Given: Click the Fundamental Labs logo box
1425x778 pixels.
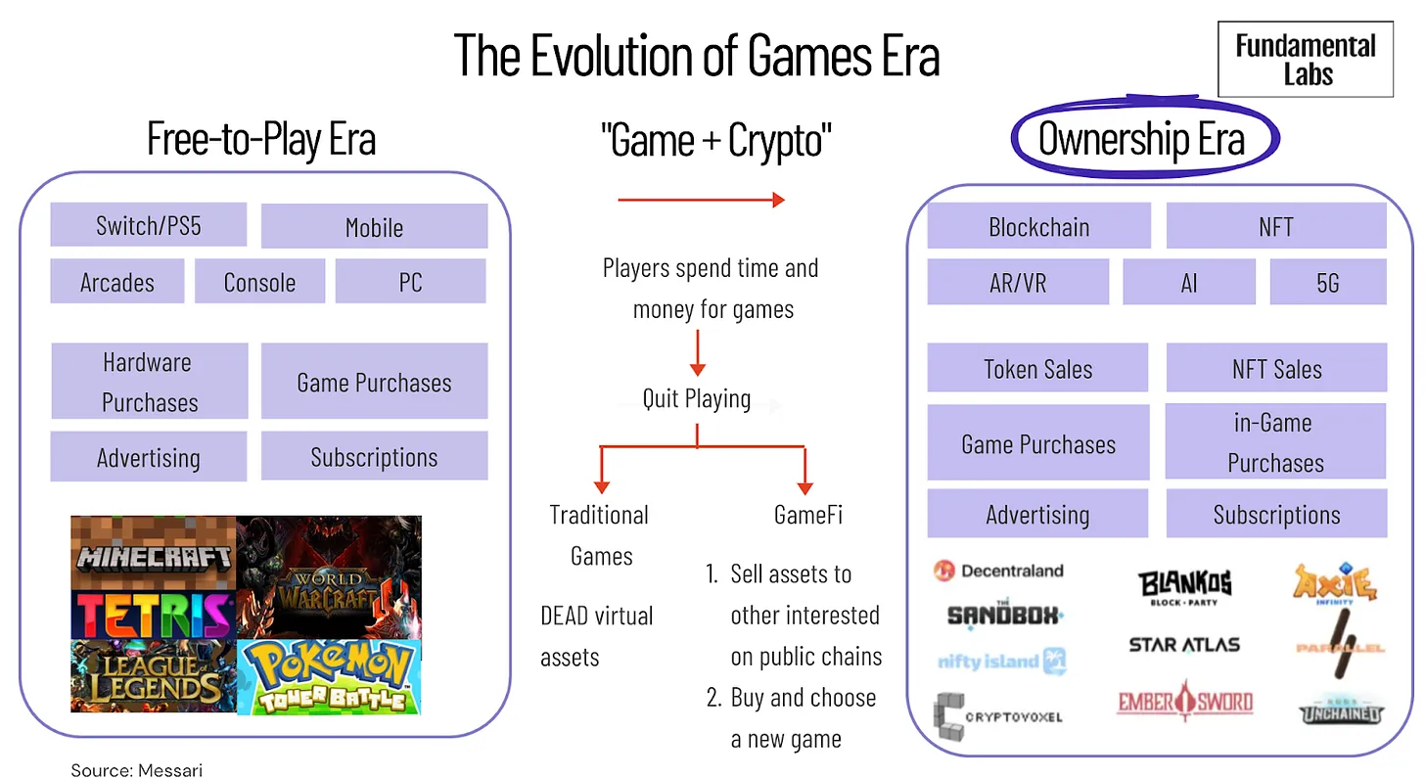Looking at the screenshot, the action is tap(1306, 59).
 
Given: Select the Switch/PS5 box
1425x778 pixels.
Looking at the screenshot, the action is tap(148, 224).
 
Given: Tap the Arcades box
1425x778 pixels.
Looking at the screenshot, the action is tap(117, 281).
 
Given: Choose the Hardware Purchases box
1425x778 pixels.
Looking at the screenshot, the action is tap(150, 381).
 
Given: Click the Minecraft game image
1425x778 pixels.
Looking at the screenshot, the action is tap(154, 552).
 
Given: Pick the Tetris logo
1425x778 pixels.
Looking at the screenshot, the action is tap(154, 615).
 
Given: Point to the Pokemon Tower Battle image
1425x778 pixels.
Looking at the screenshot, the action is tap(329, 677).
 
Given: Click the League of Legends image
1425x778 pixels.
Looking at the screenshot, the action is tap(154, 675).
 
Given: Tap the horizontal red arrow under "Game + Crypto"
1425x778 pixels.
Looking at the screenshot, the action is tap(701, 200).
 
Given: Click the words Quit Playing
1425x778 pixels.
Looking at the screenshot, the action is tap(697, 399).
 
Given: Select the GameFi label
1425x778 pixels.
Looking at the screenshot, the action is tap(808, 515).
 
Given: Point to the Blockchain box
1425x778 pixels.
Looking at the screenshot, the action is tap(1038, 226).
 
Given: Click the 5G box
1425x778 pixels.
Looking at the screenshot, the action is tap(1328, 282).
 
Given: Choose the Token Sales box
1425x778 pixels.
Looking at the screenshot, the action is tap(1037, 368).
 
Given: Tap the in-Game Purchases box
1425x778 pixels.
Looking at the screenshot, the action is tap(1275, 440).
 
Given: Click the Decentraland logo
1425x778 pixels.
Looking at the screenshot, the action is tap(998, 571).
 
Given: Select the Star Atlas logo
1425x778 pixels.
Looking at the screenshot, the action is tap(1184, 645).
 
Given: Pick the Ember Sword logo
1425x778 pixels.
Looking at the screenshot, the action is tap(1185, 701).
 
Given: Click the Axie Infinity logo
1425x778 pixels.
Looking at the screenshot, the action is tap(1335, 582).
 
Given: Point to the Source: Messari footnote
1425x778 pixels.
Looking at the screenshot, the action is tap(136, 770).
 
